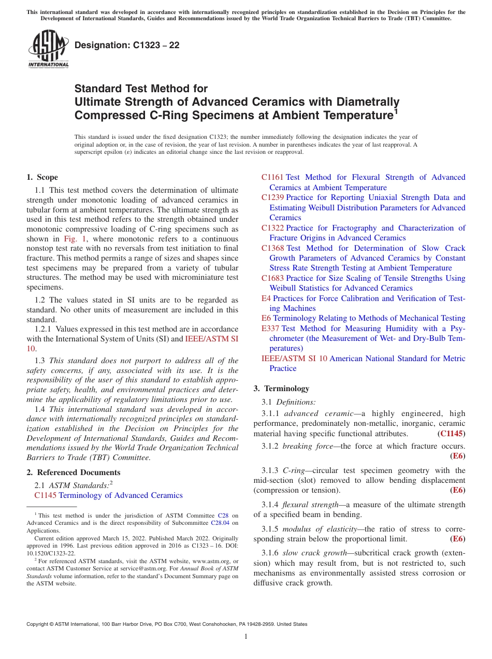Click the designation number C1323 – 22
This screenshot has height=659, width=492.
pos(127,45)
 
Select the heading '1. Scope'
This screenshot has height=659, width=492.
pos(42,177)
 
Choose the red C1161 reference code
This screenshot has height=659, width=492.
pos(272,177)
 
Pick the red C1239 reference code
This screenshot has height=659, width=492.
pos(272,197)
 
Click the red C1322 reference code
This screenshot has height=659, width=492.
pos(272,228)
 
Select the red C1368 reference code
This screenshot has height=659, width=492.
pos(272,248)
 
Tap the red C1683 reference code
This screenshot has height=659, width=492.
pos(272,278)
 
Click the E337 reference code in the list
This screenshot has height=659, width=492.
pos(271,328)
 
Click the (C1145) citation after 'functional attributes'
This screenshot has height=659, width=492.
pos(451,434)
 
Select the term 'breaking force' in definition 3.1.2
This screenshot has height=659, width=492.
pos(308,446)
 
